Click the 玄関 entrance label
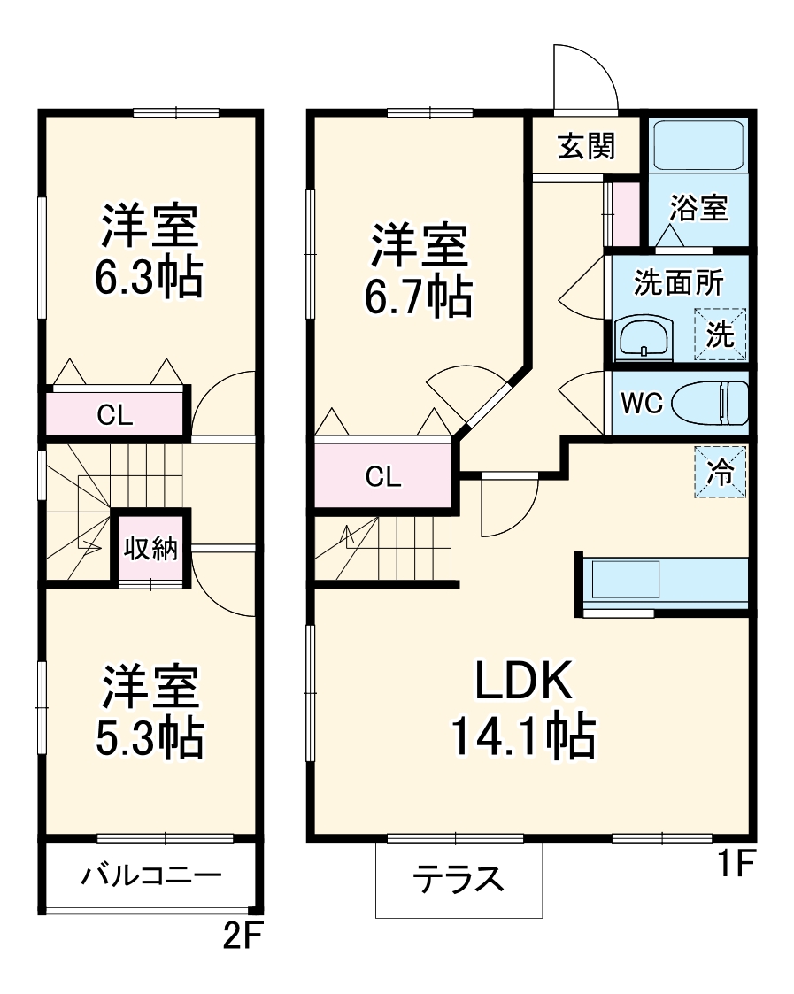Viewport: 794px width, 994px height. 585,146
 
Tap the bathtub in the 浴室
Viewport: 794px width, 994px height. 698,146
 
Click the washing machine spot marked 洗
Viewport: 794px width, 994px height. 721,335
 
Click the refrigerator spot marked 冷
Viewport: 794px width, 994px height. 721,472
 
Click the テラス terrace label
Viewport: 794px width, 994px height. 459,880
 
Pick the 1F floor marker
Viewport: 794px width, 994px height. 734,864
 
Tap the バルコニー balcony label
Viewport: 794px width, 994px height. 150,876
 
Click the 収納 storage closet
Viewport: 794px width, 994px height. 150,549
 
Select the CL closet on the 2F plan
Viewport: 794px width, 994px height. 115,416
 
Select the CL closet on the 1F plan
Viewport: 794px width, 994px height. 383,476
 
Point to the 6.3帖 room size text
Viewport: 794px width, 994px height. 149,279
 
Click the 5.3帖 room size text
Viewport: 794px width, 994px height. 150,738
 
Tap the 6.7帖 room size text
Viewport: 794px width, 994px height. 419,299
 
